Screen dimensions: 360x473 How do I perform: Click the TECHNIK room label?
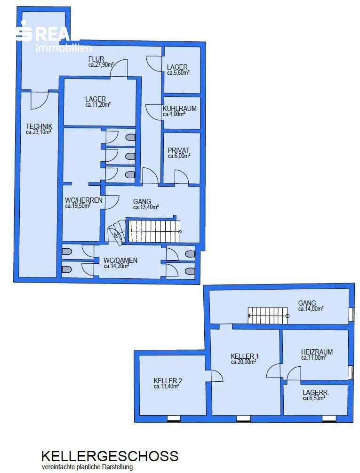(x=39, y=126)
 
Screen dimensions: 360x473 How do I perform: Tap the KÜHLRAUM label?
(x=179, y=108)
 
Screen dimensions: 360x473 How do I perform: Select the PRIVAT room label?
(x=179, y=150)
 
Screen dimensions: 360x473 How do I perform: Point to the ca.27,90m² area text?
(x=101, y=65)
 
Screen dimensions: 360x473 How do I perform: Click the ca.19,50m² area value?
(x=78, y=206)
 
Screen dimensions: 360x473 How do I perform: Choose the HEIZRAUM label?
(x=317, y=352)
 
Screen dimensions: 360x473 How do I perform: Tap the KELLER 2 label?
(x=168, y=381)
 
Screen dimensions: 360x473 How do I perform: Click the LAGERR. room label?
(x=316, y=393)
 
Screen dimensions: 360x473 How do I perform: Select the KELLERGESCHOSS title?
(x=110, y=456)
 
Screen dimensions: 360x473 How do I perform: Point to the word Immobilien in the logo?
(x=64, y=47)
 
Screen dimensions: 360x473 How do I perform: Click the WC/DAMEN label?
(x=120, y=260)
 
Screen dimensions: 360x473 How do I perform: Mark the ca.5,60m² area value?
(x=178, y=73)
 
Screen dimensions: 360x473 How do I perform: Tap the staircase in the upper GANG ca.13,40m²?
(x=154, y=231)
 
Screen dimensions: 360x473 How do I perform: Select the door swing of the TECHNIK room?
(x=40, y=100)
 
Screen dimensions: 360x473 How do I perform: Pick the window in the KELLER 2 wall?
(x=174, y=418)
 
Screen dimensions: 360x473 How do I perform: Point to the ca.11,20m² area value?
(x=98, y=105)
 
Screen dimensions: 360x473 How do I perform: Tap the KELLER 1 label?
(x=245, y=356)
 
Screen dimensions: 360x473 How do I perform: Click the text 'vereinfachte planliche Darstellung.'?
(x=88, y=467)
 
